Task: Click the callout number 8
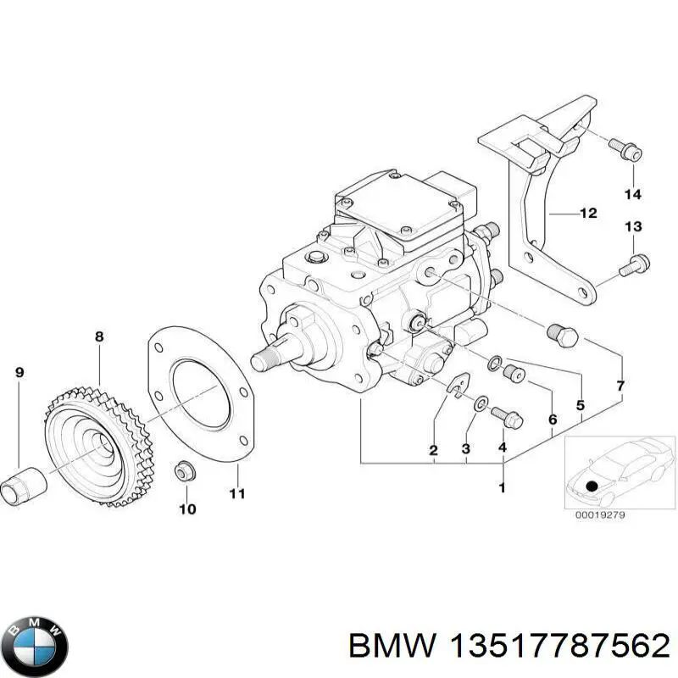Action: coord(99,336)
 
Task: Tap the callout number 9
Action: coord(19,372)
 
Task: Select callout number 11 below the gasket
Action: coord(237,492)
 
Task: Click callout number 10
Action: coord(186,509)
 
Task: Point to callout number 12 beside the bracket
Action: coord(587,213)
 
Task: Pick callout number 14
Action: coord(633,195)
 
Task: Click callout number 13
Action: coord(633,226)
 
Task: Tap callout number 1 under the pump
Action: coord(502,487)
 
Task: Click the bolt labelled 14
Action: coord(628,151)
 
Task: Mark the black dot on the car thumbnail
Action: coord(592,485)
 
